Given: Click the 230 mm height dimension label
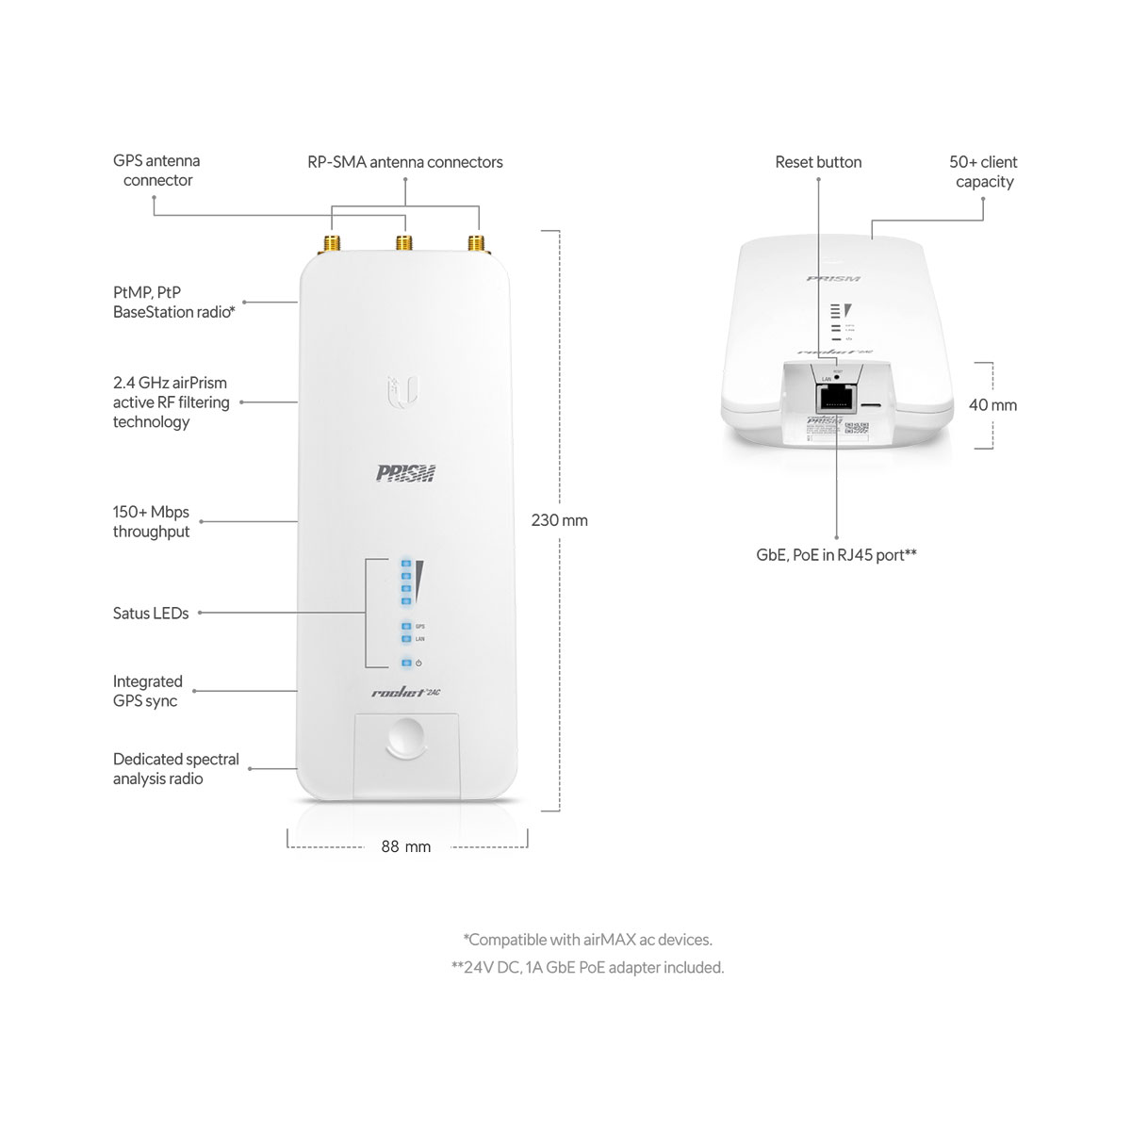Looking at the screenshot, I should (559, 520).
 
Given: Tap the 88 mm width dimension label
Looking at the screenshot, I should (405, 846).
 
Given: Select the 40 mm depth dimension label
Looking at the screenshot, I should (992, 405).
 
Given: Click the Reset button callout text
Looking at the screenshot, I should (818, 162).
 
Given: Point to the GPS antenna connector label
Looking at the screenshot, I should (156, 171).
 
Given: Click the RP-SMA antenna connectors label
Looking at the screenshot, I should (405, 162).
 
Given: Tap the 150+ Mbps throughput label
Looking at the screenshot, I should (151, 522).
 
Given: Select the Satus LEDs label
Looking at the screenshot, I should (151, 614).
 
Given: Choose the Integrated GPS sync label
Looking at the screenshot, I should (147, 691).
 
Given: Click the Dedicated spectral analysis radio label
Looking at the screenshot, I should (175, 769).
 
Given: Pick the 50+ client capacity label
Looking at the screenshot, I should (983, 172).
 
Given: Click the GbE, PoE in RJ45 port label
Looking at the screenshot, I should (836, 555).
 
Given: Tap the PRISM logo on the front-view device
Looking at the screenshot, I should (407, 472).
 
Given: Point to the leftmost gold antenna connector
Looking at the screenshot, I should (333, 244).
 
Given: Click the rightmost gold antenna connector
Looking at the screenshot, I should (476, 244).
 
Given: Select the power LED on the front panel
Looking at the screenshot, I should (406, 664).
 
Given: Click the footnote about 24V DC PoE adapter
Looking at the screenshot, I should (587, 968).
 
